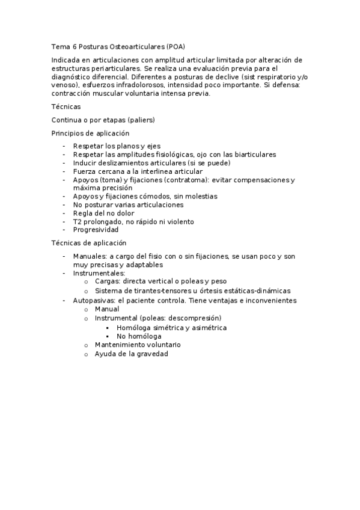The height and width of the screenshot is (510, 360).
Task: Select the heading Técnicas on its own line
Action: pos(66,106)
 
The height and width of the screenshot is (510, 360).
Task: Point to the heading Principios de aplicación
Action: pos(90,133)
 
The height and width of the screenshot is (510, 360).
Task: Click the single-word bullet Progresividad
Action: pos(96,230)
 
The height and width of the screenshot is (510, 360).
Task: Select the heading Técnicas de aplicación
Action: pos(89,243)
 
